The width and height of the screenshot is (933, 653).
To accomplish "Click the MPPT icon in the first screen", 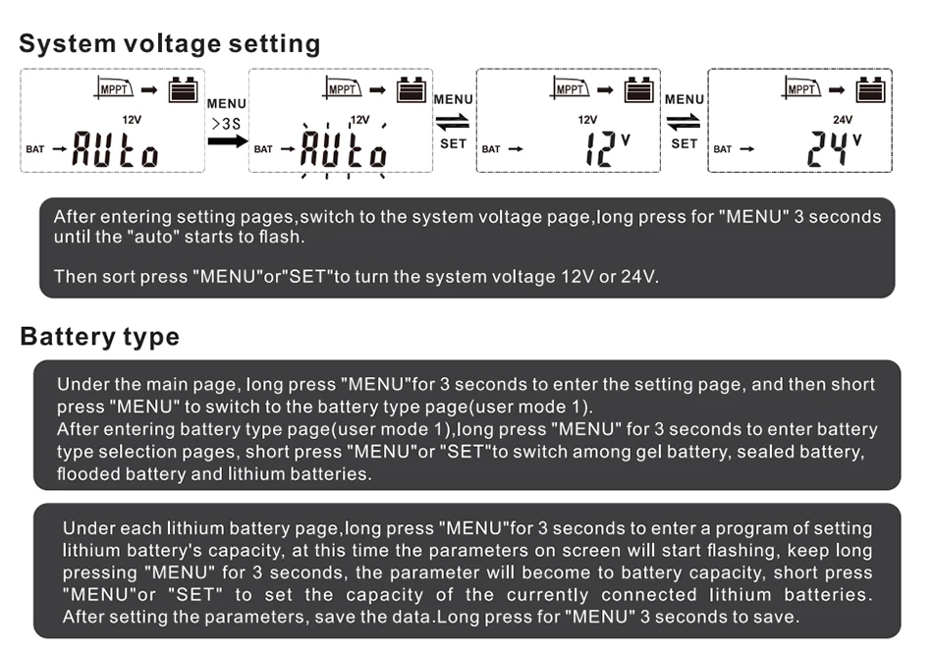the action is (114, 88).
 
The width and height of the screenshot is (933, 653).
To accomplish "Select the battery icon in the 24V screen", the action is (870, 89).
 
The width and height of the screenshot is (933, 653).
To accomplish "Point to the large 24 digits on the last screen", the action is (827, 148).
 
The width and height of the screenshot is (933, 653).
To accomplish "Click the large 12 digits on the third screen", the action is (600, 148).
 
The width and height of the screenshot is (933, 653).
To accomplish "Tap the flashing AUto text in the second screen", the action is (344, 148).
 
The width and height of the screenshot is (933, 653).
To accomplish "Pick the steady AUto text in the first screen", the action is (116, 148).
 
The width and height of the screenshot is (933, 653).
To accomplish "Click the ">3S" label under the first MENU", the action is (226, 124).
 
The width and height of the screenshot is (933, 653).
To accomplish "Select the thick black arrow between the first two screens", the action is (227, 141).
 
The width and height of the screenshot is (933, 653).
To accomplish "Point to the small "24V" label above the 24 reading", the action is (842, 120).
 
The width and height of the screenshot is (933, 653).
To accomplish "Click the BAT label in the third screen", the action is (491, 149).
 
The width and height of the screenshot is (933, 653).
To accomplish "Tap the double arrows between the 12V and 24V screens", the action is (684, 122).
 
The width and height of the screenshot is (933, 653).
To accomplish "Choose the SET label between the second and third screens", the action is (453, 144).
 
